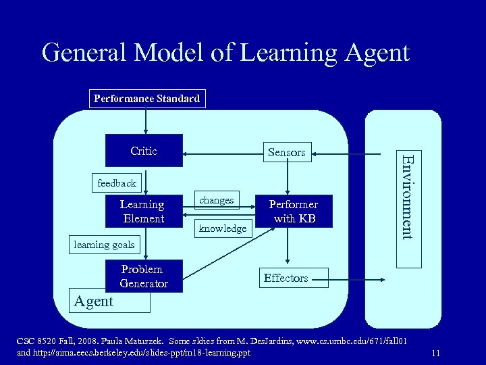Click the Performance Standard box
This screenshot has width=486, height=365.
click(146, 99)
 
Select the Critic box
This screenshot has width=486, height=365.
click(143, 151)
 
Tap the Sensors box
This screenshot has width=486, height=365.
click(286, 153)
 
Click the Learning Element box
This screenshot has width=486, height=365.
click(143, 212)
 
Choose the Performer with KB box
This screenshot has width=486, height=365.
click(293, 212)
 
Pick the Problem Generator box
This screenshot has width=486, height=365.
click(143, 276)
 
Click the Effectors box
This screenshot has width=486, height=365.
click(286, 278)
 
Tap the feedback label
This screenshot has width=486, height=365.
click(116, 182)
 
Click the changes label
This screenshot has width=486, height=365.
click(217, 200)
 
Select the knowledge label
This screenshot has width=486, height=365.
click(222, 228)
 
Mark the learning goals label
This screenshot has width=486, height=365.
click(105, 245)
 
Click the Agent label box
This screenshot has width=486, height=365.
click(94, 301)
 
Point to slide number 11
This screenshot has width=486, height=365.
click(435, 353)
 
